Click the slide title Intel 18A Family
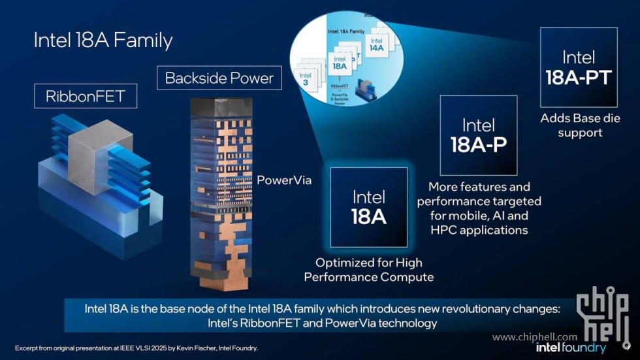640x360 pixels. coord(103,41)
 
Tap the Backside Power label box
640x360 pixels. coord(219,78)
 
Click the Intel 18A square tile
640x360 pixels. coord(369,207)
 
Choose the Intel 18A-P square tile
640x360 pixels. coord(478,135)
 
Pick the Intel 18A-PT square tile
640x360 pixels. coord(579,67)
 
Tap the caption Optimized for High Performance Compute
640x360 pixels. coord(369,270)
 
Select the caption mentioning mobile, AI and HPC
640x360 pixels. coord(479,208)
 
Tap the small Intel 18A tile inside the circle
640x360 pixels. coord(339,62)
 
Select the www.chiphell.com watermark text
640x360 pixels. coord(535,337)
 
